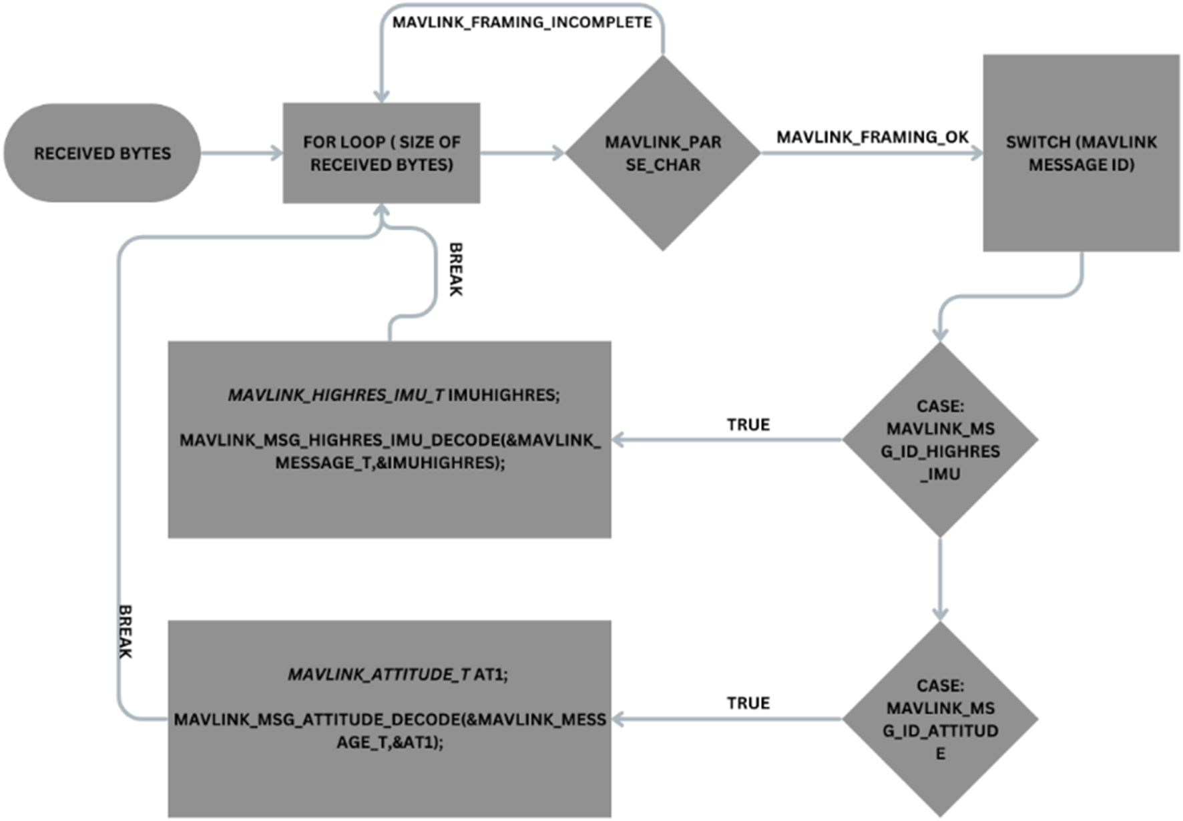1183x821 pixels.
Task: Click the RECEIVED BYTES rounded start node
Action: [101, 153]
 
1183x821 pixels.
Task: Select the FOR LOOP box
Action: [381, 153]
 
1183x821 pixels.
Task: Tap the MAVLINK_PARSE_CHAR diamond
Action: [663, 153]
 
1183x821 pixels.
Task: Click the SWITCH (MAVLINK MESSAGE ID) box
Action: [1081, 153]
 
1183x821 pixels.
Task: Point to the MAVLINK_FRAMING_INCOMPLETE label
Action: [522, 23]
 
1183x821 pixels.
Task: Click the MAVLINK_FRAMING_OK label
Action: [872, 137]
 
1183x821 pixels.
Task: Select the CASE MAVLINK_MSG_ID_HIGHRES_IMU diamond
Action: [940, 440]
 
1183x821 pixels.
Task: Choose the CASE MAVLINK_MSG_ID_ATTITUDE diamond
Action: [940, 719]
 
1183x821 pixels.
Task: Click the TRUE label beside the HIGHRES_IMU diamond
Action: [748, 425]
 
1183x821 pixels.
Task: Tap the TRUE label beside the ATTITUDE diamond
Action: [748, 704]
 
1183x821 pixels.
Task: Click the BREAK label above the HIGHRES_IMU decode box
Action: [455, 269]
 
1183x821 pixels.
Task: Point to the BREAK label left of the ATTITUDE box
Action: [125, 631]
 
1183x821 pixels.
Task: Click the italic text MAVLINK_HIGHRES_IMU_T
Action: [336, 395]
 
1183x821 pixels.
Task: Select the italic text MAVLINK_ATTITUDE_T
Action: [379, 674]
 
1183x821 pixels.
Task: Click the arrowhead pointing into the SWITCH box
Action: [977, 153]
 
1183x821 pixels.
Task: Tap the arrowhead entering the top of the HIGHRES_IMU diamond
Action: [940, 334]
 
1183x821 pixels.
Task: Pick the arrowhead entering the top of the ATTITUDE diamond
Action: [940, 613]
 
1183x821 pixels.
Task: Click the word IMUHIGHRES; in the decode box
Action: [504, 395]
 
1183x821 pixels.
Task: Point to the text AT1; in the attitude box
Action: [491, 674]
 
